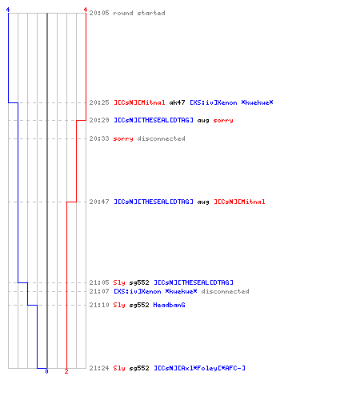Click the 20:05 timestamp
click(x=99, y=13)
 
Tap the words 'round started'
click(x=139, y=13)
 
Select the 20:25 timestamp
click(x=99, y=102)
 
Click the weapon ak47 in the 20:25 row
click(x=177, y=102)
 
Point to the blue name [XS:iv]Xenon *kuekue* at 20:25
click(x=231, y=102)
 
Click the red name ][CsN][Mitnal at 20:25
click(x=139, y=102)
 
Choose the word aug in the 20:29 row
click(x=203, y=120)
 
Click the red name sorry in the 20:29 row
click(x=223, y=120)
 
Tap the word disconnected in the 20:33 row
click(x=161, y=138)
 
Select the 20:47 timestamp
click(x=99, y=202)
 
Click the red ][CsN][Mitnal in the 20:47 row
click(x=239, y=202)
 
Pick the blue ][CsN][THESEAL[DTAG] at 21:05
click(x=194, y=282)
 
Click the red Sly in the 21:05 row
click(x=119, y=282)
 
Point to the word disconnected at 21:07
click(x=225, y=291)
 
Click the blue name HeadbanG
click(x=169, y=305)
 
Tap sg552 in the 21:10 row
click(x=139, y=305)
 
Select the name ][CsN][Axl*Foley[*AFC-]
click(x=199, y=368)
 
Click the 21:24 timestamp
click(x=99, y=368)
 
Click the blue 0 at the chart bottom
click(x=46, y=371)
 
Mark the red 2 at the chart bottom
click(x=66, y=371)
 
